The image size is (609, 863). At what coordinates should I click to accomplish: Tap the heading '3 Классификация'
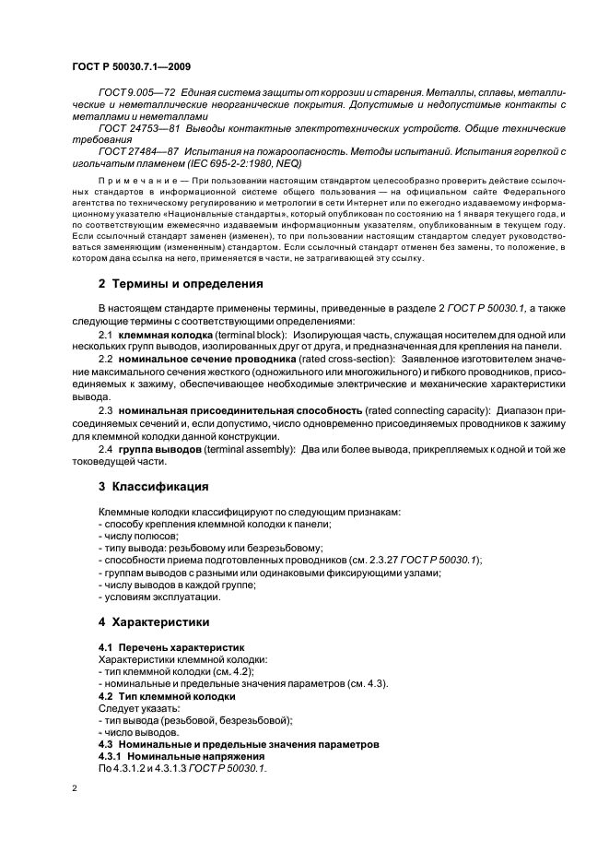(x=153, y=485)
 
